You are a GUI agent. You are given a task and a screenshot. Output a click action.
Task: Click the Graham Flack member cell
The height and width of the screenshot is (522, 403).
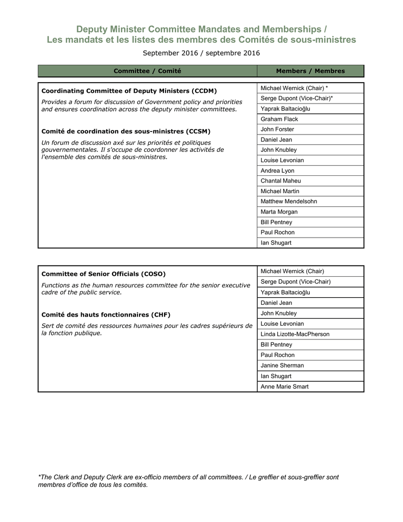[x=280, y=119]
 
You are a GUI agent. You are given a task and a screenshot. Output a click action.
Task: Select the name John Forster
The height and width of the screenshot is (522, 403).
[x=278, y=129]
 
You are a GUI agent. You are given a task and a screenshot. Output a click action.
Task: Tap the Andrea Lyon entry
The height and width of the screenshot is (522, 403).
[x=278, y=171]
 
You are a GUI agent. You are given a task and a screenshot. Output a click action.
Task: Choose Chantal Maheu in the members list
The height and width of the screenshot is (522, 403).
[x=281, y=181]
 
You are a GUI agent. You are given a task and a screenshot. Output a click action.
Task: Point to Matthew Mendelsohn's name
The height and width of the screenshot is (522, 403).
[x=289, y=201]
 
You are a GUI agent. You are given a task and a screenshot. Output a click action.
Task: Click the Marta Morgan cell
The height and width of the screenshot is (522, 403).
[x=279, y=212]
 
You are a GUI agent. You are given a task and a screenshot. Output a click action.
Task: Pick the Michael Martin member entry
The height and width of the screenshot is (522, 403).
[x=280, y=191]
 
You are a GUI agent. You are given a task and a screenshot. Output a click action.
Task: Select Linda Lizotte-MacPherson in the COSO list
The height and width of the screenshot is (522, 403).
[x=295, y=334]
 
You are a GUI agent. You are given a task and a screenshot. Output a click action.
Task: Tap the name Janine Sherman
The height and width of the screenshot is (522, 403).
[x=282, y=366]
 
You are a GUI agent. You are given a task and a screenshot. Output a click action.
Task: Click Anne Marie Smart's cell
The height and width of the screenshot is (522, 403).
[x=285, y=386]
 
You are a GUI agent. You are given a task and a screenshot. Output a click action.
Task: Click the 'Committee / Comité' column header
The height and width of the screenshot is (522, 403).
[x=147, y=71]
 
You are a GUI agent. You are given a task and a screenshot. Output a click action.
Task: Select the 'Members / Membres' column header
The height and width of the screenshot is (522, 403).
[x=310, y=71]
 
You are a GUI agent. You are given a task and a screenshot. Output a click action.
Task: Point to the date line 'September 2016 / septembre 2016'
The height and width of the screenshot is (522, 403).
[x=201, y=53]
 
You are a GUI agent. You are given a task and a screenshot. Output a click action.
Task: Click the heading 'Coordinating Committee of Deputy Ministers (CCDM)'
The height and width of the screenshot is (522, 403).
[x=129, y=91]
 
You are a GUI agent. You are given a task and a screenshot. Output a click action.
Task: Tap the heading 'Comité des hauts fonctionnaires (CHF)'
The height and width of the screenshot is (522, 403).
[x=106, y=315]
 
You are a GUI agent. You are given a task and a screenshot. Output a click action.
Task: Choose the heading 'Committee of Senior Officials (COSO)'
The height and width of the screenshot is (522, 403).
[x=103, y=274]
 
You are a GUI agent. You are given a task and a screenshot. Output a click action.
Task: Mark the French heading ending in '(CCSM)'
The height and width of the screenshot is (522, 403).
[x=126, y=132]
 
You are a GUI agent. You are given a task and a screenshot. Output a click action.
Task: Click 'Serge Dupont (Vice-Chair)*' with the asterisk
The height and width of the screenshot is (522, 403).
[x=297, y=98]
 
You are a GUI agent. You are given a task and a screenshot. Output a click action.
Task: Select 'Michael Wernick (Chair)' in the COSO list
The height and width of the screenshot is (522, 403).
[x=292, y=271]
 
